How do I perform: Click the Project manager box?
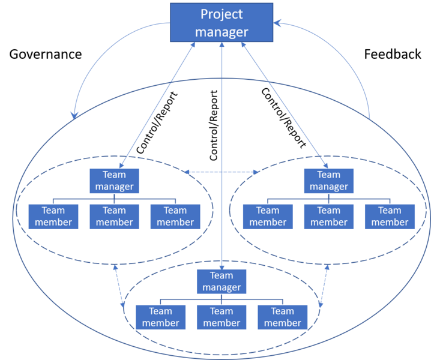click(x=222, y=22)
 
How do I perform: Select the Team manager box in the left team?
click(x=114, y=180)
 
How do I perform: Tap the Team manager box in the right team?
click(x=328, y=180)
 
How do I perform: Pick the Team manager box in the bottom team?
click(x=222, y=281)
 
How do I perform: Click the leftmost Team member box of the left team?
click(x=53, y=216)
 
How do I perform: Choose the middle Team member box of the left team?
click(x=114, y=216)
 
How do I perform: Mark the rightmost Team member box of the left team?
click(x=175, y=216)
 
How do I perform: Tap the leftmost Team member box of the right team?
click(x=268, y=216)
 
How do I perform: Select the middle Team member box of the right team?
click(x=328, y=216)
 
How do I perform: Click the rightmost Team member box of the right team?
click(x=390, y=216)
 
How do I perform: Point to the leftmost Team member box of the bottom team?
click(x=160, y=317)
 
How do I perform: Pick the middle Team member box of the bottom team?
click(x=222, y=317)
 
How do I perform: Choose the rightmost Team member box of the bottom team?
click(x=283, y=317)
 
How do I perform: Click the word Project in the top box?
click(x=222, y=14)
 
